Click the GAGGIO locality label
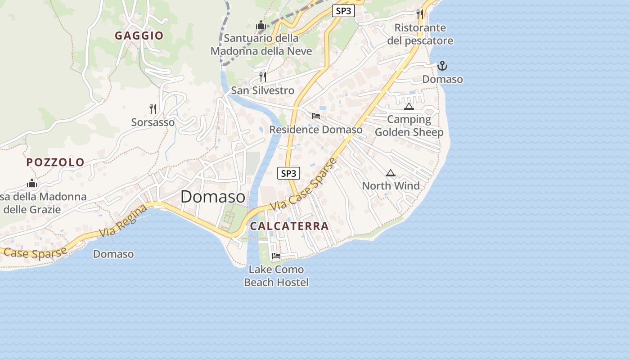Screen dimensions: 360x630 [139, 36]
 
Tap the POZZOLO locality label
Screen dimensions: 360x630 [55, 162]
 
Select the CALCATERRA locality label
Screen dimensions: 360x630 [289, 226]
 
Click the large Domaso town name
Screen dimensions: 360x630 [213, 197]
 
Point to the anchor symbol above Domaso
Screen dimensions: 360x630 [442, 66]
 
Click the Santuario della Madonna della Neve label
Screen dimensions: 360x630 [261, 45]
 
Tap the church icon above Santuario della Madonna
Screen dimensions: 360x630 [261, 25]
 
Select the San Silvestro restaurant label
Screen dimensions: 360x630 [262, 90]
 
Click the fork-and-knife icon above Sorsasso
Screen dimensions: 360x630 [153, 108]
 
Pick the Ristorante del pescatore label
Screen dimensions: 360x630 [420, 34]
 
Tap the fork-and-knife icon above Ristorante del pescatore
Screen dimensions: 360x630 [420, 14]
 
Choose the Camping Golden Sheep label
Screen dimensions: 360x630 [409, 126]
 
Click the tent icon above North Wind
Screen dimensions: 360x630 [390, 173]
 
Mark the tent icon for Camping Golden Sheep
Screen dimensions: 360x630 [409, 106]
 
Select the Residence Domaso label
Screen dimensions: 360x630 [315, 130]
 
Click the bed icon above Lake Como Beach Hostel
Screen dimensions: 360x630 [276, 256]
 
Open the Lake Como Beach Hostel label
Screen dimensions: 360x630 [276, 276]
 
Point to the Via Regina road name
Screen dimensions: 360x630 [123, 221]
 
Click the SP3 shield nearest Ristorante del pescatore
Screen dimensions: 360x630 [343, 11]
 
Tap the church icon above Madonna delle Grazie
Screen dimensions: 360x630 [32, 183]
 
